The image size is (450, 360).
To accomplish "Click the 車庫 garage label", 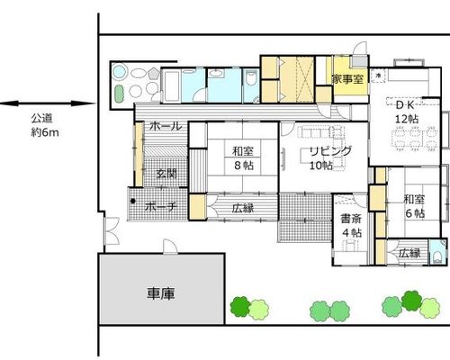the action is [161, 293].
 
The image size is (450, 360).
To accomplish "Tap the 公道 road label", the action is [42, 119].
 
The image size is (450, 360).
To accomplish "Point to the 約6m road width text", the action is [45, 132].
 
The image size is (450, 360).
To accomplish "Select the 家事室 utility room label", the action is [347, 79].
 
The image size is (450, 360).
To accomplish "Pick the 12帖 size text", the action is [407, 119].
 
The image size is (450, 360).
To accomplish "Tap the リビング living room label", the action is [330, 151].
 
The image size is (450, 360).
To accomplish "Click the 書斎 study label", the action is [350, 219].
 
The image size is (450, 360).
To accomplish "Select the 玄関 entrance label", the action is [166, 174].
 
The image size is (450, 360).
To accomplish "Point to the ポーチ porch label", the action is [161, 207].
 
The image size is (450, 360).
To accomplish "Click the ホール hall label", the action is [166, 126].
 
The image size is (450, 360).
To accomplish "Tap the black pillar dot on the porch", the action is [132, 201].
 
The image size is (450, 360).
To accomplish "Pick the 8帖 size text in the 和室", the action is [243, 165].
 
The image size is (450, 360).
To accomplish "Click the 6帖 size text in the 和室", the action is [415, 213].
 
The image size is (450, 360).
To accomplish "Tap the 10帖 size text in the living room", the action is [321, 166].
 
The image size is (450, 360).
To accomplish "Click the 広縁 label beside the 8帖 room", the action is [243, 208].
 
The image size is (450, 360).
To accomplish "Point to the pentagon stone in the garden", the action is [154, 73].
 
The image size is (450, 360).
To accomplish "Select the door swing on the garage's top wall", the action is [170, 247].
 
